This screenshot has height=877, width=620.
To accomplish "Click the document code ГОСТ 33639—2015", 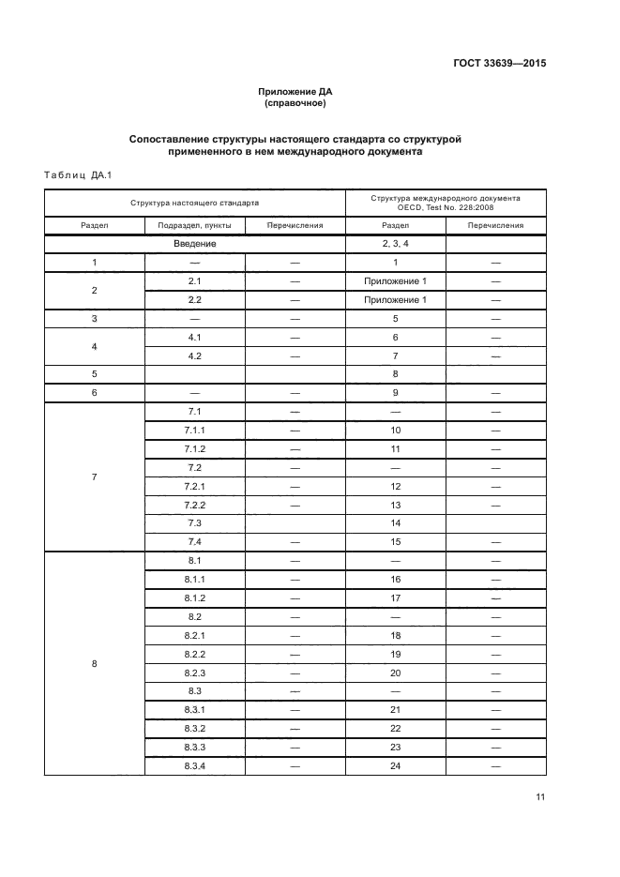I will pos(500,64).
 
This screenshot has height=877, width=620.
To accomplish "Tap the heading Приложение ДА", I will pos(295,91).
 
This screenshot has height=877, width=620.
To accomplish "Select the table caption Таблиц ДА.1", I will pos(78,174).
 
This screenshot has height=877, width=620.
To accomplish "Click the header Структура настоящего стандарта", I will pos(195,202).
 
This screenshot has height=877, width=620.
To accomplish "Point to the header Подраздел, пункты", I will pos(195,225).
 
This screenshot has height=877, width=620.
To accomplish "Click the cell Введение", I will pos(195,244).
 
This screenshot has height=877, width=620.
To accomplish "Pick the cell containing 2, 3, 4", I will pos(395,244).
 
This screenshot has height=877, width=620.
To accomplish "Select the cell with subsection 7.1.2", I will pos(195,449).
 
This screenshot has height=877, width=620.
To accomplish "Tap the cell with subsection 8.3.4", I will pos(195,766).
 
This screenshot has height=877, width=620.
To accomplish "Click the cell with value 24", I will pos(395,766).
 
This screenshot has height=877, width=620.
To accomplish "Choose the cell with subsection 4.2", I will pos(195,355).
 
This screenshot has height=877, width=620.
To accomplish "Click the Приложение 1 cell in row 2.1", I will pos(395,281).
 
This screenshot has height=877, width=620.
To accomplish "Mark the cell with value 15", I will pos(395,542).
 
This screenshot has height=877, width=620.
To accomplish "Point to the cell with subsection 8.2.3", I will pos(195,673).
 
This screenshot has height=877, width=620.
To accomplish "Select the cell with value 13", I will pos(395,505).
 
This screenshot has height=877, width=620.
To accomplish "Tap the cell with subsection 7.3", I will pos(195,523).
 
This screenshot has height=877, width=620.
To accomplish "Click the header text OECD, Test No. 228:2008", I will pos(445,207).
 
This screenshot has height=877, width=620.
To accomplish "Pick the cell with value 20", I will pos(395,673).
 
